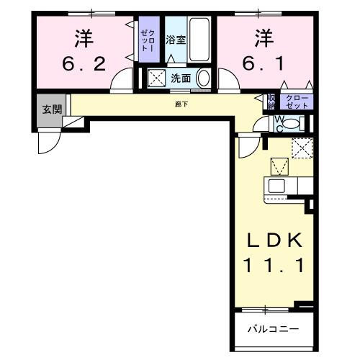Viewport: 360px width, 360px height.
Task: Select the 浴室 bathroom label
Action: [176, 40]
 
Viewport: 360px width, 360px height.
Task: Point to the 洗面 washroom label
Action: [180, 78]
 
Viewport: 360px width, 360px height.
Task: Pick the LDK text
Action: [271, 240]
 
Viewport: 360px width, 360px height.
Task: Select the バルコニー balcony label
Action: [264, 330]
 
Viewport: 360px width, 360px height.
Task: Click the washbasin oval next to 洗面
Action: [204, 78]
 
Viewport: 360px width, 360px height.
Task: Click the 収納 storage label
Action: [271, 102]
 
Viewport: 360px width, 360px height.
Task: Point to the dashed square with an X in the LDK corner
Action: [302, 148]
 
